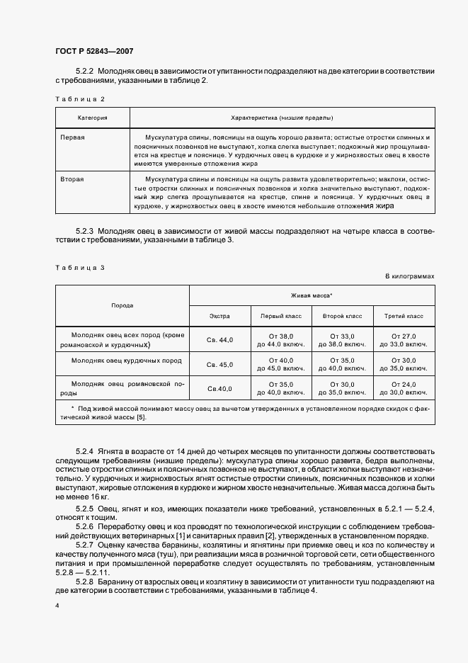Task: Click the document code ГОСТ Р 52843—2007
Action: point(93,51)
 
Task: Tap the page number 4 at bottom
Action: point(57,606)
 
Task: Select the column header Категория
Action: point(92,117)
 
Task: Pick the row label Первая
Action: point(74,137)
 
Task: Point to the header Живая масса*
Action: point(312,295)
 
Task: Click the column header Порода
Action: point(122,305)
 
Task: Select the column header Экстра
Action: point(219,316)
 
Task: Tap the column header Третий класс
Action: point(404,316)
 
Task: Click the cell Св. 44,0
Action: point(219,340)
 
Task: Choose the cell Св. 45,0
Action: point(219,365)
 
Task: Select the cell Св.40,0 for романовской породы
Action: point(219,389)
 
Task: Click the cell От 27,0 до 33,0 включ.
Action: point(404,340)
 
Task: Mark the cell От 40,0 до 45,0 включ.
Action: point(281,365)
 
